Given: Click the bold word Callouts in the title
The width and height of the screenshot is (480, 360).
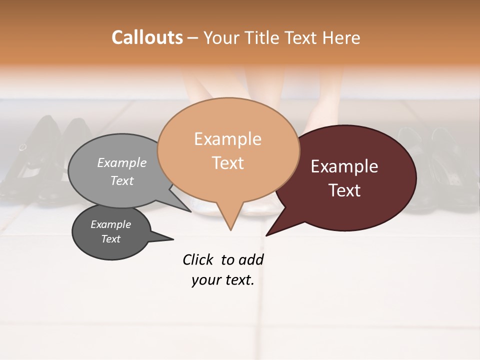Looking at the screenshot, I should point(147,37).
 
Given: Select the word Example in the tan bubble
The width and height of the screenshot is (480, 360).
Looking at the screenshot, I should point(227,139).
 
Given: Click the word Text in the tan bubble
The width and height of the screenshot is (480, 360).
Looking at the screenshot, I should point(227,162).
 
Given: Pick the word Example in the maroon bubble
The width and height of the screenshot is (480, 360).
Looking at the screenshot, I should point(344,166).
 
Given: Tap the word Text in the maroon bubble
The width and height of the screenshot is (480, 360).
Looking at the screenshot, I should point(344,190).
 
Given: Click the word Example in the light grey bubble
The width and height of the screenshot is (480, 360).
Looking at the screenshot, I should point(122,162).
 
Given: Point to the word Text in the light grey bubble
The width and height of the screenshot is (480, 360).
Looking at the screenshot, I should point(122,180).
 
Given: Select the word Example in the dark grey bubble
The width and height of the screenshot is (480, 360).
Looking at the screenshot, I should point(110,224).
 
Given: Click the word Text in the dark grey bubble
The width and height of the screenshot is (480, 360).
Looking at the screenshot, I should point(110,239).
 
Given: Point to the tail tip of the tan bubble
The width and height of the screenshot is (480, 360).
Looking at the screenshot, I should point(230,230).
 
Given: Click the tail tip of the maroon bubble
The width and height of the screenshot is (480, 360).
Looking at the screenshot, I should point(266,235).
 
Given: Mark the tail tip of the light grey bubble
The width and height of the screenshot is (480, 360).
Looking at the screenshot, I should point(190,211).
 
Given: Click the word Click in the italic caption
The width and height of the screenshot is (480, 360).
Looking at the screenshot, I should point(197,259).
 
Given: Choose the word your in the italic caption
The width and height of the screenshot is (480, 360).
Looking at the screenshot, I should point(205,280).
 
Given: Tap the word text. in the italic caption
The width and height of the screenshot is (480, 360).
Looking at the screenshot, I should point(238,280).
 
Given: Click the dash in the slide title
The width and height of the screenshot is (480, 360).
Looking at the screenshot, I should point(193,38).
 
